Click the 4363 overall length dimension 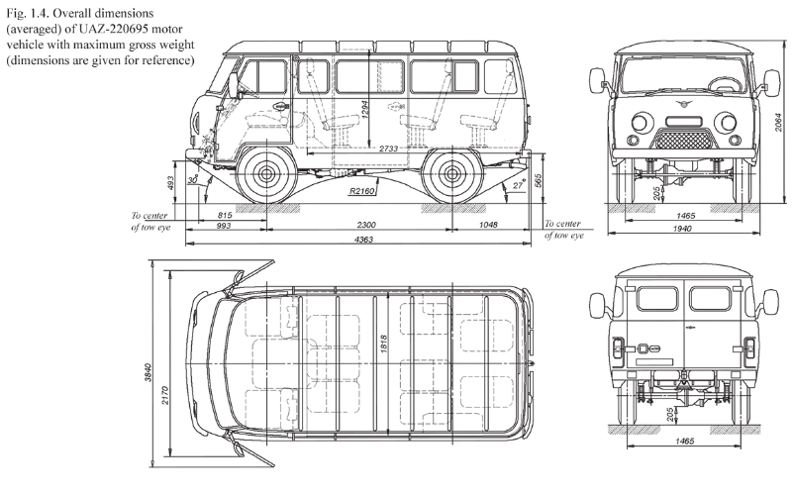coord(363,239)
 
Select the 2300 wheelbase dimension coord(366,225)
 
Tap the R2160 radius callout coord(361,191)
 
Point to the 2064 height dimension coord(780,122)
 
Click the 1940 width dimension coord(682,229)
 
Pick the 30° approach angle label coord(192,180)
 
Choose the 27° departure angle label coord(519,185)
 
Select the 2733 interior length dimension coord(388,148)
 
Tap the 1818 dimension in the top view coord(383,344)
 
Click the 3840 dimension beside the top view coord(148,372)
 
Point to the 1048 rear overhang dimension coord(488,225)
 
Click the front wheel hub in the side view coord(265,175)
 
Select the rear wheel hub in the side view coord(451,175)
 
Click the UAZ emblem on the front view coord(683,105)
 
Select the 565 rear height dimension coord(538,181)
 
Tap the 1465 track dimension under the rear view coord(684,441)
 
